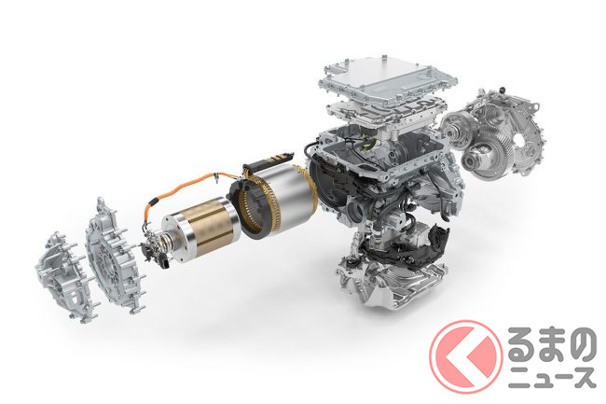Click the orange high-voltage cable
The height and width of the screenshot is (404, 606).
pos(182,188)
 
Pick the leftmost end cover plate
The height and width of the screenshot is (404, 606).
pos(64,277)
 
